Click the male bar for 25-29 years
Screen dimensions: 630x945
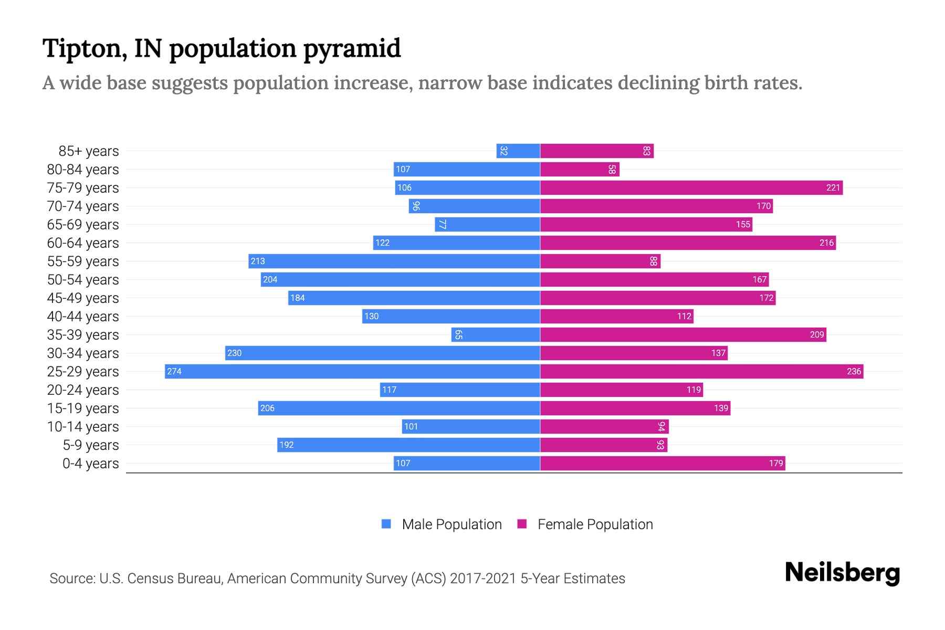click(x=352, y=372)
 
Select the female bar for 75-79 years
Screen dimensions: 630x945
click(x=691, y=188)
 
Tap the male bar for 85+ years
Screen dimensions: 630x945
click(x=518, y=151)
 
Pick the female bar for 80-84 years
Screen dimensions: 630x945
click(x=580, y=170)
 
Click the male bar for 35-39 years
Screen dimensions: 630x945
click(x=496, y=335)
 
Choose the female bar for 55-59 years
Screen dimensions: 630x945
click(x=600, y=261)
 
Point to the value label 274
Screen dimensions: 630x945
click(x=174, y=372)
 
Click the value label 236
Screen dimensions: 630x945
click(x=854, y=372)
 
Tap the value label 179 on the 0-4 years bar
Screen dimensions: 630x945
click(x=775, y=464)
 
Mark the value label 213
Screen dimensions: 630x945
click(x=258, y=261)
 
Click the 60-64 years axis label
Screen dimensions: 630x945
click(x=83, y=243)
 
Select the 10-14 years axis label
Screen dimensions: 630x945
click(x=83, y=427)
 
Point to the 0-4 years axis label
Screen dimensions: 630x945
click(x=90, y=464)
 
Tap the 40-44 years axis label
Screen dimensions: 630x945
click(x=83, y=317)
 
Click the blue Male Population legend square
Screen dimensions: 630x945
click(x=386, y=524)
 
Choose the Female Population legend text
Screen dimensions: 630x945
click(x=595, y=524)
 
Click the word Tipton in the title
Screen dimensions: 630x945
click(x=85, y=49)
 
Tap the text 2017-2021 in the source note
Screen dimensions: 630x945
click(x=482, y=579)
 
